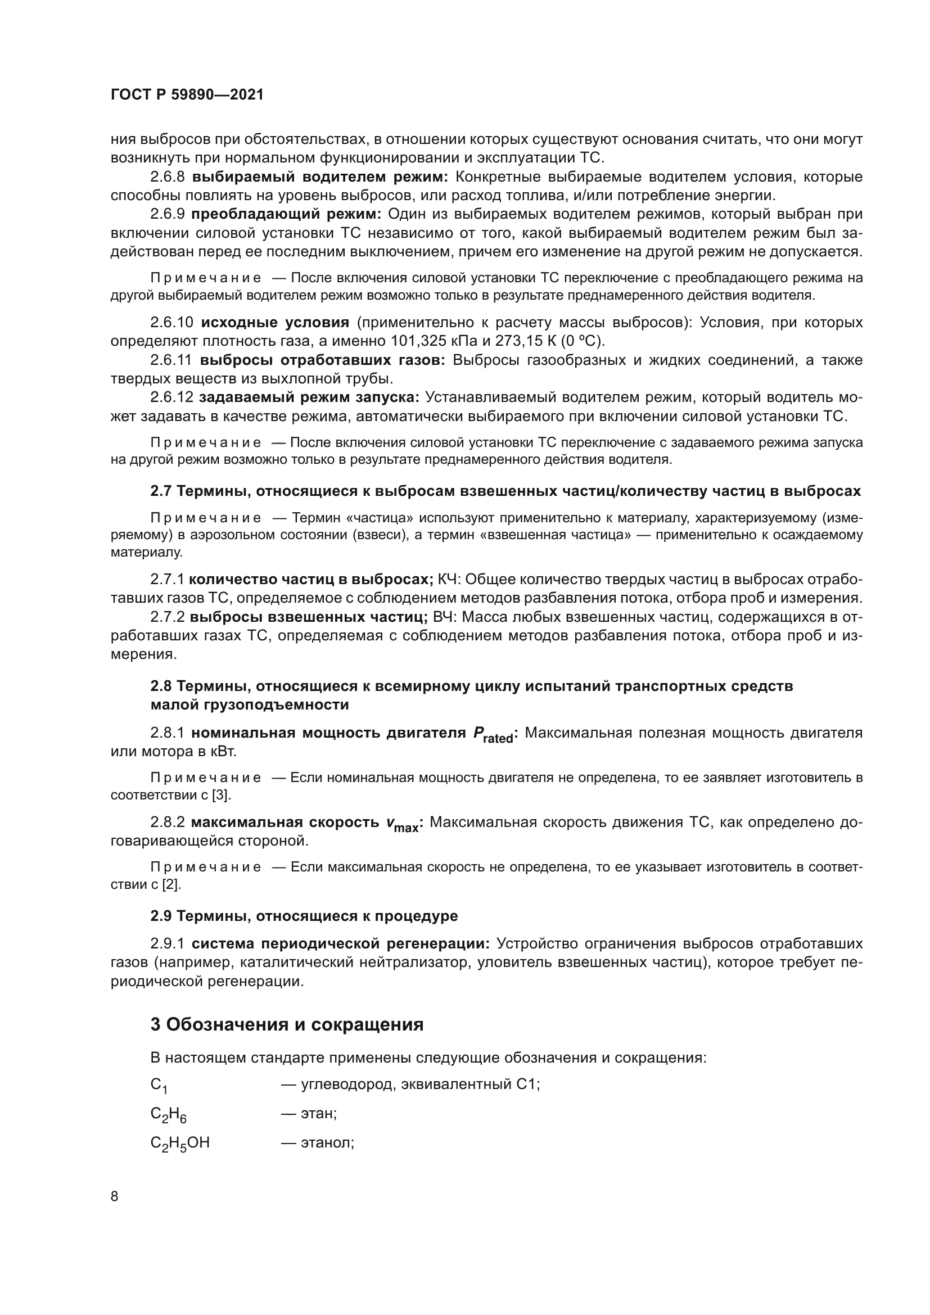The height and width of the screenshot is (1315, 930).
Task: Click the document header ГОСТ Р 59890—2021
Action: point(187,95)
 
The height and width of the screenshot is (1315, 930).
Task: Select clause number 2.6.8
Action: point(167,177)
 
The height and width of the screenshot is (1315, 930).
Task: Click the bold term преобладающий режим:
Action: point(286,214)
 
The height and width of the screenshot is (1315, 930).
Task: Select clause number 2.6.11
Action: point(172,360)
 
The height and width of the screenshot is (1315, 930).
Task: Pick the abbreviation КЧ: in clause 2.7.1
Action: point(450,579)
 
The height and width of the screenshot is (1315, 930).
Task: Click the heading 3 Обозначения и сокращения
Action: point(287,1024)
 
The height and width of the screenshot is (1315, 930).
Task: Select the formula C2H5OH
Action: point(180,1143)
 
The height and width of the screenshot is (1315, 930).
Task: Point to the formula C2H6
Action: point(168,1114)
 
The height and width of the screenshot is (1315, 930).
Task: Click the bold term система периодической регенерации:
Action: point(340,943)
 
